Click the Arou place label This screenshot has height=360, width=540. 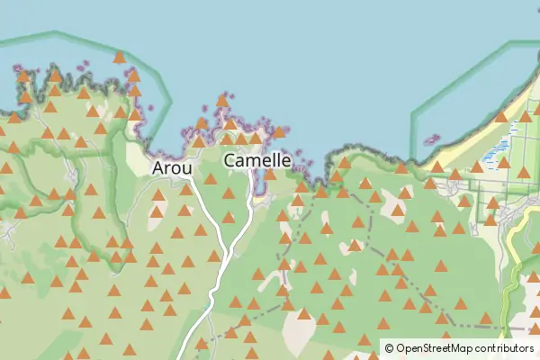[x=171, y=167]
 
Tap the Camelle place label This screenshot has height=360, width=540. [x=257, y=160]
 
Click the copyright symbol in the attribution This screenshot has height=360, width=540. [x=389, y=347]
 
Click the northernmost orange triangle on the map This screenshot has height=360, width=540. [x=119, y=58]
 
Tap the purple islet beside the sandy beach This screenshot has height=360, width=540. [x=431, y=140]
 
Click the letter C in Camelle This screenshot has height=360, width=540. [x=230, y=160]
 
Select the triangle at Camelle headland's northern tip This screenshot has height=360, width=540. [x=222, y=100]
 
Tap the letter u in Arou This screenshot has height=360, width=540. [x=186, y=168]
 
